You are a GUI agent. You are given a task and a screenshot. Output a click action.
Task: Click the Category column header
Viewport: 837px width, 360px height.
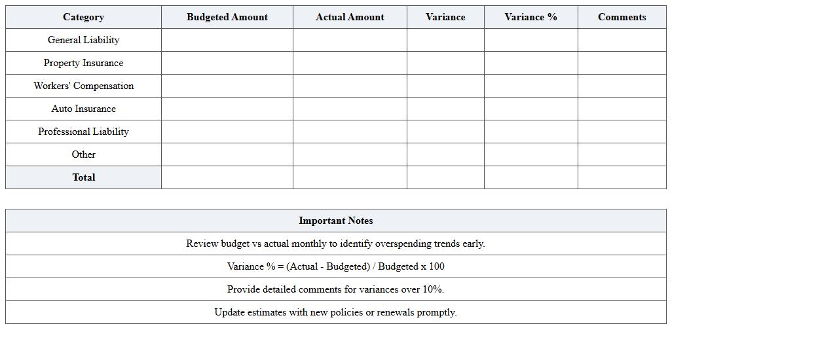click(83, 17)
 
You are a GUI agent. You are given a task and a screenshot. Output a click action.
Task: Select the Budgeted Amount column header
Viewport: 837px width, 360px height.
click(227, 17)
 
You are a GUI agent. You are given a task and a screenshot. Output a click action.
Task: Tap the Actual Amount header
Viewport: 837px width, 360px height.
click(350, 17)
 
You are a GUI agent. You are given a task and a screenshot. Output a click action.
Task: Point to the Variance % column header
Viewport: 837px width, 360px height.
click(530, 17)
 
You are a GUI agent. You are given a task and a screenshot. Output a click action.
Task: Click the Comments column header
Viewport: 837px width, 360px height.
click(622, 17)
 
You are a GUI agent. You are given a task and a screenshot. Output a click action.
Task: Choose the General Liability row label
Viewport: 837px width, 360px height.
click(83, 40)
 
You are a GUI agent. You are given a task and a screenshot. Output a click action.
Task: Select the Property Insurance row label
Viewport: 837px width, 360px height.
click(83, 63)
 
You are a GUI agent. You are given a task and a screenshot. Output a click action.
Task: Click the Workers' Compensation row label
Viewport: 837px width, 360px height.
click(83, 86)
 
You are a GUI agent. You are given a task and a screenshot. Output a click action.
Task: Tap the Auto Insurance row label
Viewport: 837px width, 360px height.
click(83, 109)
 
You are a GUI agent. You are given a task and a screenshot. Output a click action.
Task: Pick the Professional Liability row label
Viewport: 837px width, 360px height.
click(83, 132)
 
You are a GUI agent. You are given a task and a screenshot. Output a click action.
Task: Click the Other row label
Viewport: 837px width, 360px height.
click(83, 154)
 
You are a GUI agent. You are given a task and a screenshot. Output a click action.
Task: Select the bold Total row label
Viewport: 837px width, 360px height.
click(83, 177)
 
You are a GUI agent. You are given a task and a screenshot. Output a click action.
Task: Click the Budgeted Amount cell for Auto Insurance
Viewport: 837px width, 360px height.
click(227, 109)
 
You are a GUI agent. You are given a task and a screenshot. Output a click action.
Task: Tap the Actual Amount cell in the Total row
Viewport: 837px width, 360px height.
click(350, 177)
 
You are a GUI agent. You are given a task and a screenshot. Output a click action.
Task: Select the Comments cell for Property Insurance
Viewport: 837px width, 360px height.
click(622, 63)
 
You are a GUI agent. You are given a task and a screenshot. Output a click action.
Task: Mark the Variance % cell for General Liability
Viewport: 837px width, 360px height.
click(530, 40)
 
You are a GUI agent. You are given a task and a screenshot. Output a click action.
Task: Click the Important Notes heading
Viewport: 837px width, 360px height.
click(335, 221)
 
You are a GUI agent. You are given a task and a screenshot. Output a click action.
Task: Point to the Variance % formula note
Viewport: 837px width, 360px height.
click(335, 266)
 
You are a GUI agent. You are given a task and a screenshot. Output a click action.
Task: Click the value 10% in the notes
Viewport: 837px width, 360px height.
click(432, 289)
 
